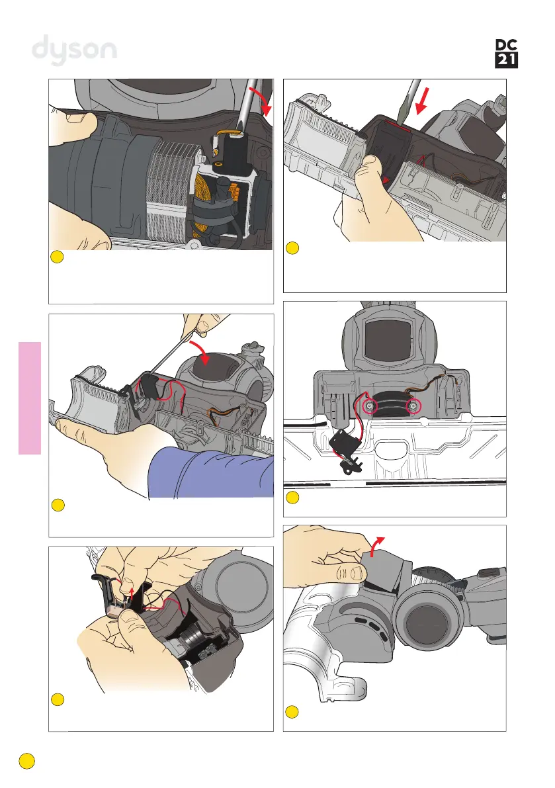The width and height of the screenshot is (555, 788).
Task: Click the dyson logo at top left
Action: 74,50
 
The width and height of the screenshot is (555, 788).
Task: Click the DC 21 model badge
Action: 506,54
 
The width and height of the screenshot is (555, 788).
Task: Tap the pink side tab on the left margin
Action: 30,398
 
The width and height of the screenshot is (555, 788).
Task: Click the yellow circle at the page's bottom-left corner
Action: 27,761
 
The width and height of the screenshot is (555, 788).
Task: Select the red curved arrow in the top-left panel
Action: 262,99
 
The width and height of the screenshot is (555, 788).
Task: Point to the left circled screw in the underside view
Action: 370,406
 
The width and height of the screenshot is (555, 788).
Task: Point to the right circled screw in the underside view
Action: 413,406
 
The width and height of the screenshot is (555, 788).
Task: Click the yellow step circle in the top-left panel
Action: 58,257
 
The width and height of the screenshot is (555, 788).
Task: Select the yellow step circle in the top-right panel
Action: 292,247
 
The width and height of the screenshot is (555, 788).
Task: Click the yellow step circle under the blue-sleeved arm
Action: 58,505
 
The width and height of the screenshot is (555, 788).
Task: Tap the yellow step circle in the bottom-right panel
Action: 292,712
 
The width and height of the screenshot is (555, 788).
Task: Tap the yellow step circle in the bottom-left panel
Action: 58,699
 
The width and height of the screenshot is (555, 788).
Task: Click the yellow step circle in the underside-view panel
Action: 292,498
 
